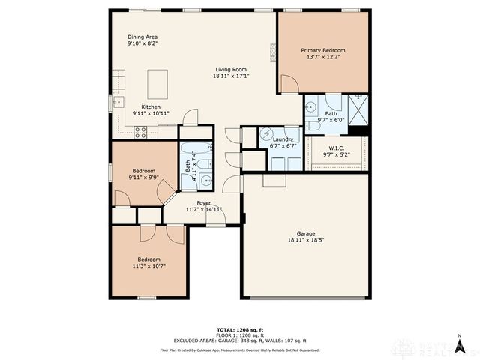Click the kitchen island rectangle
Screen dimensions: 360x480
click(157, 81)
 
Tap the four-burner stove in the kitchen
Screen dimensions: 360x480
click(140, 132)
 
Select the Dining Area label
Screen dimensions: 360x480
click(142, 36)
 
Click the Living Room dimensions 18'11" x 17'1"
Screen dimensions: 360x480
click(231, 75)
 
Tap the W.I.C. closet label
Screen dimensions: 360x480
click(335, 148)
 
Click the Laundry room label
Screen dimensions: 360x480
click(283, 139)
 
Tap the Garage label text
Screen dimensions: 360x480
click(305, 233)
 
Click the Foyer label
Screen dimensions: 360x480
click(203, 203)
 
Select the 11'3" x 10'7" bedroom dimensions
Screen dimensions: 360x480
click(148, 265)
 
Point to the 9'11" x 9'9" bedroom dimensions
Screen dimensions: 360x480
click(144, 178)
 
